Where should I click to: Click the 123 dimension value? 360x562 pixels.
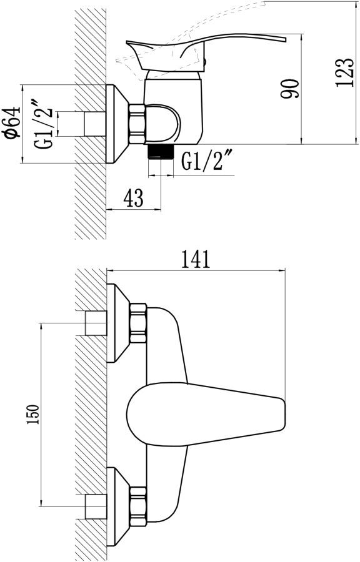click(344, 72)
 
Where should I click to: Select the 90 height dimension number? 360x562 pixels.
click(289, 89)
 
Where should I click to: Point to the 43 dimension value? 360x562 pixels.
click(133, 197)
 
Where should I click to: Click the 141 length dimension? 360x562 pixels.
click(195, 259)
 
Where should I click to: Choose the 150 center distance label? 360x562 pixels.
click(32, 415)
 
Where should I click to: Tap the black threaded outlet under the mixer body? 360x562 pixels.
click(160, 152)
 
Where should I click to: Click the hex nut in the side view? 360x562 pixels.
click(137, 124)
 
